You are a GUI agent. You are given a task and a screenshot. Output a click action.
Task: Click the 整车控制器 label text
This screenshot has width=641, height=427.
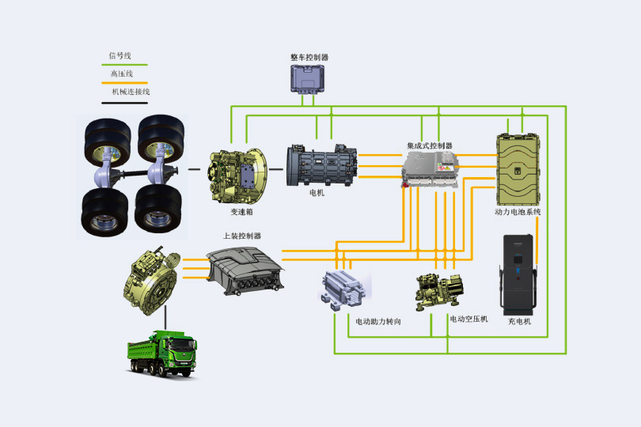tap(309, 58)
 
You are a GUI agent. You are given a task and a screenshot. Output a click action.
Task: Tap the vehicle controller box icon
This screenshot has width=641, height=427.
tap(309, 79)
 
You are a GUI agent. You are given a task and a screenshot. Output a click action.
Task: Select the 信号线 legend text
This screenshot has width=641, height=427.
tap(119, 56)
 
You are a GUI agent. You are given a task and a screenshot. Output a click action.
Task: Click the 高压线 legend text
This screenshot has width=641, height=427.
tap(121, 74)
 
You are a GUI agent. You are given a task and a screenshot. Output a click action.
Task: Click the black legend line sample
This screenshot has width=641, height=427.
tap(124, 101)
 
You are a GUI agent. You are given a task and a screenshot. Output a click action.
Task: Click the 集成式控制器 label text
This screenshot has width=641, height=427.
tap(430, 145)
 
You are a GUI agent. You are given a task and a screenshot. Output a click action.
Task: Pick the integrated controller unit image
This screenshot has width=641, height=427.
tap(430, 170)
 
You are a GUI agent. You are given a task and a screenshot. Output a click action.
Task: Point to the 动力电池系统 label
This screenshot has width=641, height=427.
tap(518, 212)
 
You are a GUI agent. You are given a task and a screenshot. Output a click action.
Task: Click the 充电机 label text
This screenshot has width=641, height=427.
tap(519, 321)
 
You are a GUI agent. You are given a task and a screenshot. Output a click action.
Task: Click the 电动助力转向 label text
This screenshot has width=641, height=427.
tap(378, 322)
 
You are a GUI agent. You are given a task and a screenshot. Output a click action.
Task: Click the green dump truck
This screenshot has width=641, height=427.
tap(163, 353)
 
